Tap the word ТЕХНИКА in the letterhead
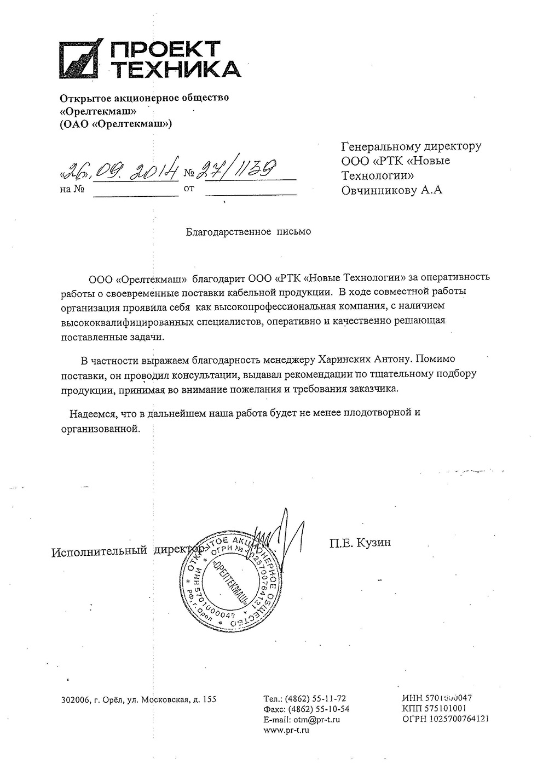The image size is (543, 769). click(175, 70)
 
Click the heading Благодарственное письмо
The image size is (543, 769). click(249, 232)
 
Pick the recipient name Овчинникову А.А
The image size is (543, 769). click(391, 191)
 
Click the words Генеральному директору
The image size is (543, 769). click(411, 146)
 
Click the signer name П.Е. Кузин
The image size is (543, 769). click(360, 543)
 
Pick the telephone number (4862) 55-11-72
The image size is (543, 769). click(316, 699)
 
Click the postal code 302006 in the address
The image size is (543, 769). click(74, 699)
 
